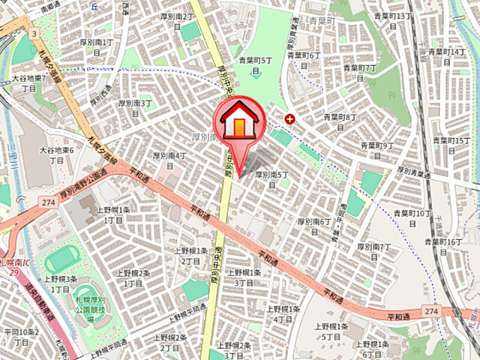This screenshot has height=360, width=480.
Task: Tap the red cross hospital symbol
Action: [290, 118]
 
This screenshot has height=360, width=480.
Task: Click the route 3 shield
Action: [34, 34]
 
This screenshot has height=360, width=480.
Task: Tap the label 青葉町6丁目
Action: [303, 60]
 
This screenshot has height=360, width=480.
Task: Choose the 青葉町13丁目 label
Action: [398, 21]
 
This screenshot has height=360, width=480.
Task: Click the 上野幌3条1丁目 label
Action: [60, 283]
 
